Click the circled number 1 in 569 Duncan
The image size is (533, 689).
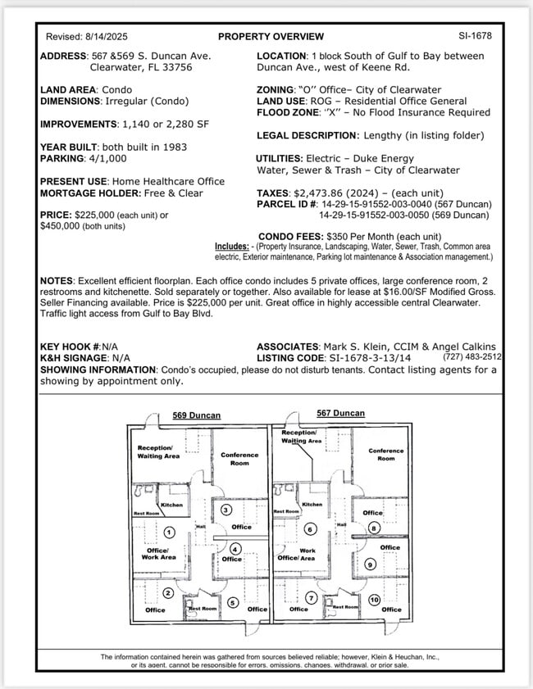point(168,533)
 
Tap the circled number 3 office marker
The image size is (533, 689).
point(226,510)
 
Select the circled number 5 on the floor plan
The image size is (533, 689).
point(234,603)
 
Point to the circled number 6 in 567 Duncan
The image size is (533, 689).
point(311,529)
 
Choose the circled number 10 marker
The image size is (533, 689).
point(374,600)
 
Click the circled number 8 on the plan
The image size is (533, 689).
point(373,528)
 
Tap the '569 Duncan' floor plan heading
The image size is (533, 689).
point(196,415)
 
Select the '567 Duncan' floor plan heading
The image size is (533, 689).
point(340,413)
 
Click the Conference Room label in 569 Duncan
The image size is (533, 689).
point(239,459)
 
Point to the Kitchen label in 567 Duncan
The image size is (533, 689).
point(312,505)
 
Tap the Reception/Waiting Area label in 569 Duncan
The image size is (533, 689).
point(158,452)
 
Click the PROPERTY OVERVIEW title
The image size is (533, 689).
point(271,36)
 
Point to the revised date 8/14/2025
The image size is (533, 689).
point(106,37)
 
